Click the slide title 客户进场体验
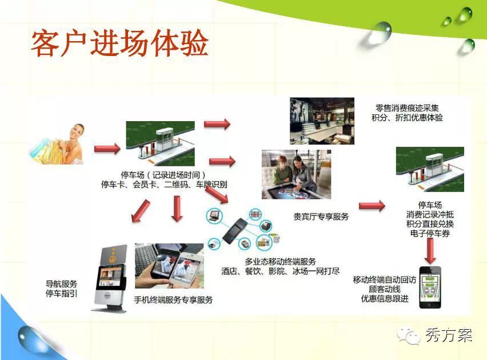pyautogui.click(x=119, y=43)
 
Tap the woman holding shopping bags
pyautogui.click(x=58, y=145)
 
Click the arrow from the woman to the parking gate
pyautogui.click(x=107, y=149)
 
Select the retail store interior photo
pyautogui.click(x=322, y=121)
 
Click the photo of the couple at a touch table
pyautogui.click(x=296, y=174)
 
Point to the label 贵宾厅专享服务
pyautogui.click(x=321, y=217)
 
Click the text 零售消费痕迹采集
pyautogui.click(x=407, y=108)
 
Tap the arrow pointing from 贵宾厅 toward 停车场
pyautogui.click(x=372, y=206)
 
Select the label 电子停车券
pyautogui.click(x=430, y=233)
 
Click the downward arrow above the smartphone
pyautogui.click(x=430, y=251)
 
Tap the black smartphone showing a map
pyautogui.click(x=430, y=287)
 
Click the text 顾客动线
pyautogui.click(x=385, y=289)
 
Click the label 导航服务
pyautogui.click(x=61, y=283)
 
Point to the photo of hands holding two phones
pyautogui.click(x=169, y=266)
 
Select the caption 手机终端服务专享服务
pyautogui.click(x=173, y=300)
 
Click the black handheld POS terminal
pyautogui.click(x=235, y=230)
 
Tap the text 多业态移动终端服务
pyautogui.click(x=280, y=262)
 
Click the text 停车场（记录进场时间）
pyautogui.click(x=163, y=175)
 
